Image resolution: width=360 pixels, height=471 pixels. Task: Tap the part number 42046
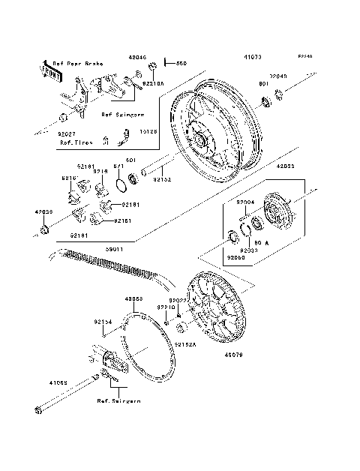tap(137, 58)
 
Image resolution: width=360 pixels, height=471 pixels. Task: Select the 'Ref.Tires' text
tap(75, 142)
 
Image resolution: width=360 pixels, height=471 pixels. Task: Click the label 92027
tap(68, 133)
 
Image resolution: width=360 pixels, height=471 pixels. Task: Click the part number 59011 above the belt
tap(114, 245)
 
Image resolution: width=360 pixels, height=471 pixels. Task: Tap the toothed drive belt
tap(112, 260)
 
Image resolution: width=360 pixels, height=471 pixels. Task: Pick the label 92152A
tap(185, 345)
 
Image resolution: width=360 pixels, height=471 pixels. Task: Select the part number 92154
tap(103, 322)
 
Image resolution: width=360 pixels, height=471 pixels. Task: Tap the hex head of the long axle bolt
tap(37, 410)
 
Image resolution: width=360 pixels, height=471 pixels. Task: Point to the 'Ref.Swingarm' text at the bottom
tap(118, 401)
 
